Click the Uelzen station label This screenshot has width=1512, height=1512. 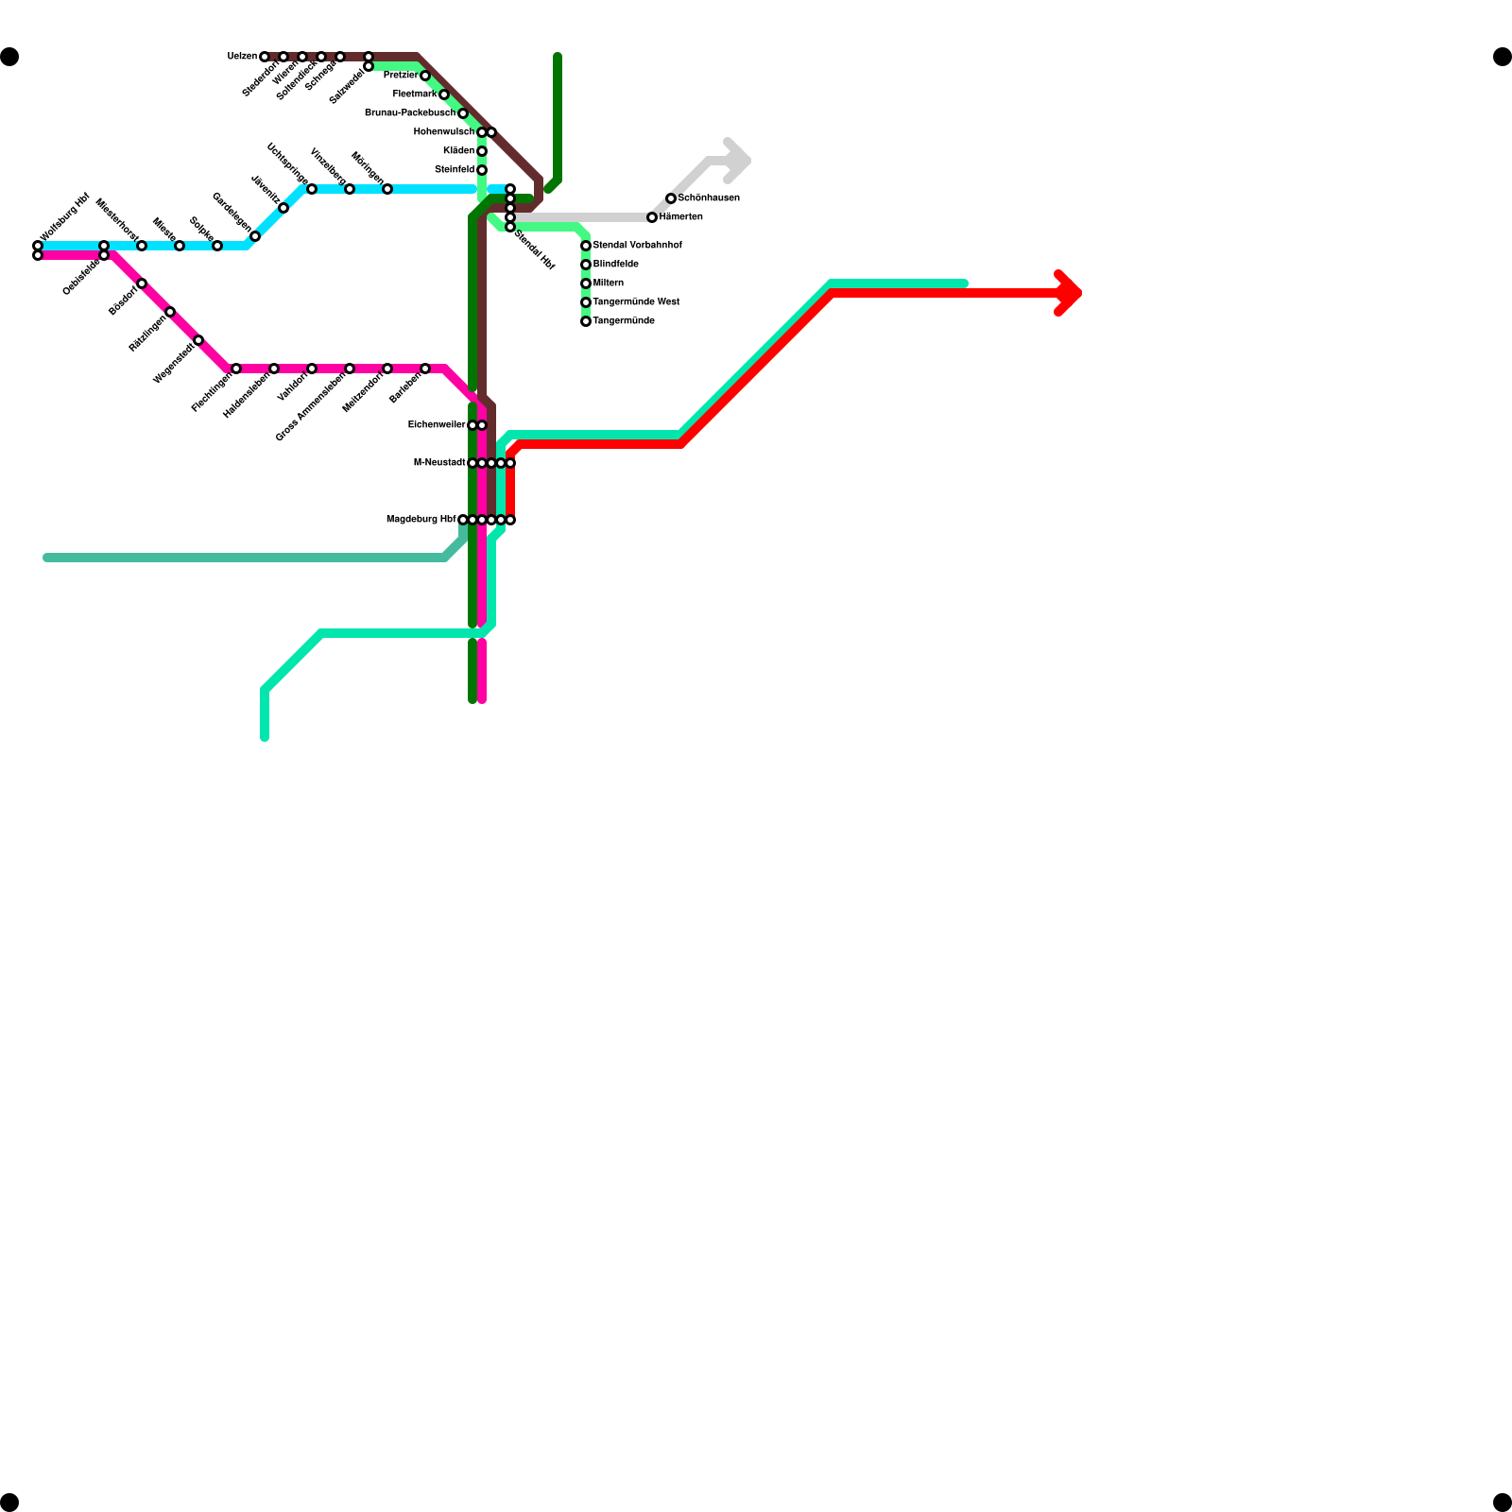tap(242, 57)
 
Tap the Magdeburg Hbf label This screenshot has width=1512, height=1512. tap(421, 520)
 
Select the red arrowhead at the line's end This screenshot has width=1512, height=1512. tap(1070, 293)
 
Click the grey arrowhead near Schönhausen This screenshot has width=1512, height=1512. tap(738, 162)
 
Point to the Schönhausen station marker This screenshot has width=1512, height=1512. tap(671, 198)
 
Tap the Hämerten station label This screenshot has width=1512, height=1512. tap(680, 217)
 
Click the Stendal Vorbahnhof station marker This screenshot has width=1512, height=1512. tap(586, 246)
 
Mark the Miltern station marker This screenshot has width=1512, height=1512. tap(586, 283)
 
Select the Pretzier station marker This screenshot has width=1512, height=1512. tap(425, 76)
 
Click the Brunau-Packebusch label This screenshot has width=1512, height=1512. tap(409, 113)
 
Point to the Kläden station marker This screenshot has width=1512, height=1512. tap(482, 151)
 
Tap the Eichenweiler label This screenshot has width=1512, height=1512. tap(437, 425)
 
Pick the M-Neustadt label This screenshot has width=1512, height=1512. tap(439, 463)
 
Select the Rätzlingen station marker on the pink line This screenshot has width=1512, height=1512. tap(170, 312)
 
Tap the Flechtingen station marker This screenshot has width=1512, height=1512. tap(236, 369)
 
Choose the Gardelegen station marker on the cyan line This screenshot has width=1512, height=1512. tap(255, 236)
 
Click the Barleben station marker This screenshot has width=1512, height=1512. tap(425, 369)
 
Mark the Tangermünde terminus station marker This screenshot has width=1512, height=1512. tap(586, 321)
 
